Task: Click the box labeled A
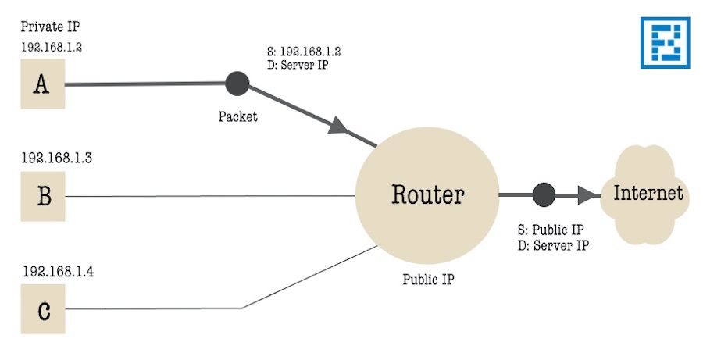coord(42,84)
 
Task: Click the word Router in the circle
coord(427,194)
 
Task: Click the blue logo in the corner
coord(665,43)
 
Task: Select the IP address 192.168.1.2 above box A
coord(52,47)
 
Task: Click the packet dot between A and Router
coord(237,83)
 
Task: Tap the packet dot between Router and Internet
coord(543,194)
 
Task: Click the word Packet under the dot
coord(237,117)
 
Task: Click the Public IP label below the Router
coord(427,279)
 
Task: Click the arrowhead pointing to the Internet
coord(587,194)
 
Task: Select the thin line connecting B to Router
coord(211,196)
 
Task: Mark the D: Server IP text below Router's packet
coord(554,244)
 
